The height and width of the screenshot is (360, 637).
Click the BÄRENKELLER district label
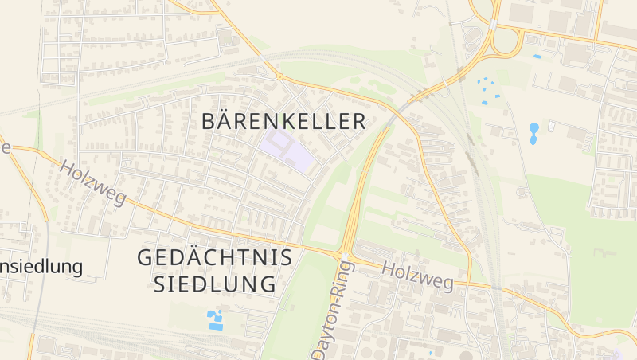coord(283,122)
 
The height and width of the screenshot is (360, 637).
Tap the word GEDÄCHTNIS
coord(215,258)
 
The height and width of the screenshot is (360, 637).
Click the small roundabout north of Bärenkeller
coord(279,76)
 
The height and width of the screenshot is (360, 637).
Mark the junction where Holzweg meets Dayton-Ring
coord(344,256)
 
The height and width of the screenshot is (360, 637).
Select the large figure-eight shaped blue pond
coord(533,132)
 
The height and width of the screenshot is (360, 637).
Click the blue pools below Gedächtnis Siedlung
coord(215,320)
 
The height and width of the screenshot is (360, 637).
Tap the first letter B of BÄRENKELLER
coord(210,122)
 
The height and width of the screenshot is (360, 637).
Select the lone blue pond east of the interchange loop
coord(537,57)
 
